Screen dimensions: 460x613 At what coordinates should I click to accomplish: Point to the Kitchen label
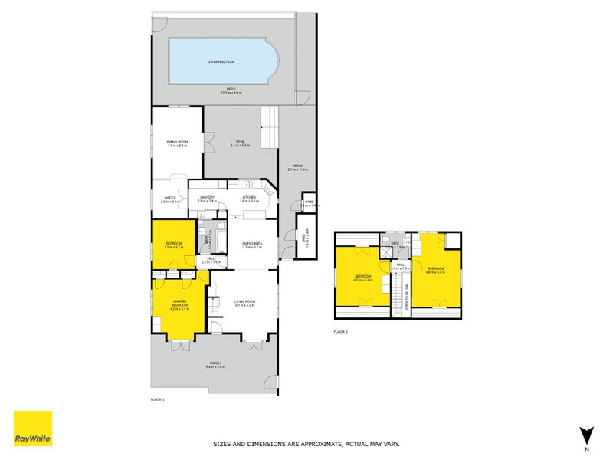click(x=249, y=199)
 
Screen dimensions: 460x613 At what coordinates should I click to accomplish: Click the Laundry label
click(x=207, y=199)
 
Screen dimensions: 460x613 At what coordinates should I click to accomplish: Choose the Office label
click(x=170, y=199)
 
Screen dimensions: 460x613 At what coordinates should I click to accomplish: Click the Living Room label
click(x=244, y=301)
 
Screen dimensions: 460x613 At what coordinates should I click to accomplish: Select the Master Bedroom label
click(x=179, y=303)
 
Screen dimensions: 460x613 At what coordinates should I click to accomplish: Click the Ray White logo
click(x=33, y=429)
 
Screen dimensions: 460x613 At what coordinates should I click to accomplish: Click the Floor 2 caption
click(x=341, y=331)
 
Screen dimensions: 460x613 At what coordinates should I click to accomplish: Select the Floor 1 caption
click(x=158, y=399)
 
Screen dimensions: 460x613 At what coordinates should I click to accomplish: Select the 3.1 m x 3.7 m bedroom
click(x=174, y=245)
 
